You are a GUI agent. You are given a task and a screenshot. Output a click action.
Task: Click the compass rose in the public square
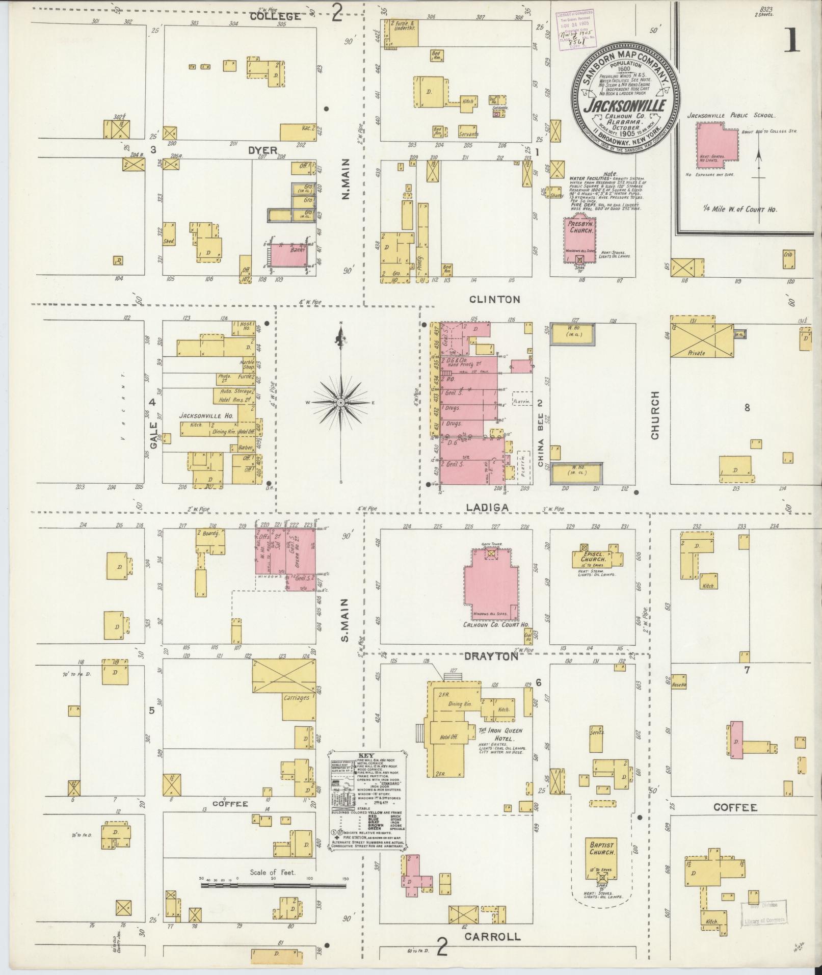(x=340, y=402)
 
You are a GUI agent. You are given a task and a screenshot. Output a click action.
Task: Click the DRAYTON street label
(x=490, y=657)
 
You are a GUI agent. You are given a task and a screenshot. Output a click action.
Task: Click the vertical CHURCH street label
(x=654, y=415)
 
